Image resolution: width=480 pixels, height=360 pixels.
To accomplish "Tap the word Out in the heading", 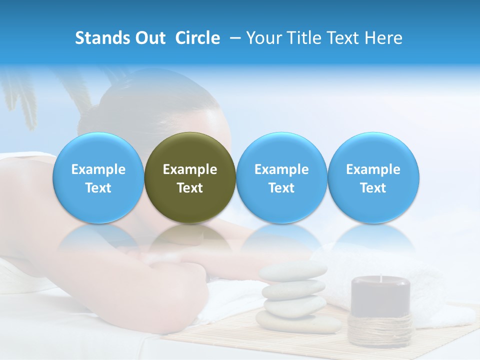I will pos(149,38).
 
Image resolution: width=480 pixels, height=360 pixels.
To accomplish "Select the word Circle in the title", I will pos(197,38).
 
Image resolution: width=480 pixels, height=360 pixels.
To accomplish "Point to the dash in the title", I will pos(233,38).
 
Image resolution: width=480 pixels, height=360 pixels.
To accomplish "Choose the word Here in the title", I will pos(384,38).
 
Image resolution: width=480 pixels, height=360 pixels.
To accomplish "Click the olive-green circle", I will pos(190,150).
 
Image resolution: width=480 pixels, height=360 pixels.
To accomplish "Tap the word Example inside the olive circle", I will pos(190,169).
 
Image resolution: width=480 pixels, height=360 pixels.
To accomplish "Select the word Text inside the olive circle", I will pos(190,188).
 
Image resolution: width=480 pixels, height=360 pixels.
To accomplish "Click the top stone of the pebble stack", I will pos(293,271).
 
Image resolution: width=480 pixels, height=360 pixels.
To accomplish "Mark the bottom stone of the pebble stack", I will pos(298,322).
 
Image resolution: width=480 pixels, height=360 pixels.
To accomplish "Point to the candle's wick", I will pos(381,278).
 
